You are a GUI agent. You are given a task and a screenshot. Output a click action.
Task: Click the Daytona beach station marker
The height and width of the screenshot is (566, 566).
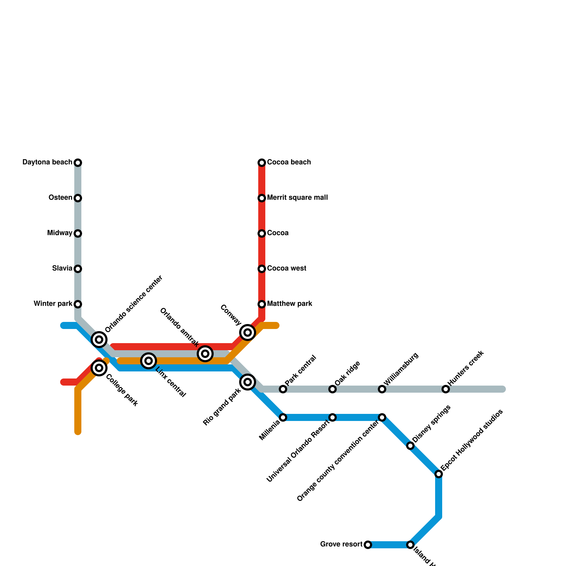point(78,163)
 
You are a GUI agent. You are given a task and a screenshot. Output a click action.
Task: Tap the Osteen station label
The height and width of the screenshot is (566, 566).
point(60,198)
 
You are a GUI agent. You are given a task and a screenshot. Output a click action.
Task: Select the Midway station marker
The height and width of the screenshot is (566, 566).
point(78,233)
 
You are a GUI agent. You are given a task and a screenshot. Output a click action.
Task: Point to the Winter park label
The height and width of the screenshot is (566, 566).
point(53,304)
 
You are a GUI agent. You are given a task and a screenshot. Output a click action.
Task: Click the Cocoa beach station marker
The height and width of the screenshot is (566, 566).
point(262,163)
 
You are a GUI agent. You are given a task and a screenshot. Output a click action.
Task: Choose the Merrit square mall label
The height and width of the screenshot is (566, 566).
point(297,198)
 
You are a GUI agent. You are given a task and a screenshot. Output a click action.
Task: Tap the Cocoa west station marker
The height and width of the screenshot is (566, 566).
point(262,269)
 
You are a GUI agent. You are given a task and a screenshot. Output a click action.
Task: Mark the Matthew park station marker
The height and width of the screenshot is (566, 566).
point(262,304)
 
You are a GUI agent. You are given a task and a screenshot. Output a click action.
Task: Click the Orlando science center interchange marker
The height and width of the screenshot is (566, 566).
point(99,340)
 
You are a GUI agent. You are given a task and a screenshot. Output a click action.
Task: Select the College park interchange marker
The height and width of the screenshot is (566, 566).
point(99,368)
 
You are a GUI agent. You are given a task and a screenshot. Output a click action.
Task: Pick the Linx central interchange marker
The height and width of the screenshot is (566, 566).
point(149,361)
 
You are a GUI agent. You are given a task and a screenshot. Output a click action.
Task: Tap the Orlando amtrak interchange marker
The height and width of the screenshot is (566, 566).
point(205,354)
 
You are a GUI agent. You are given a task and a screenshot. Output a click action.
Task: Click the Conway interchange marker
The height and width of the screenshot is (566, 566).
point(248,333)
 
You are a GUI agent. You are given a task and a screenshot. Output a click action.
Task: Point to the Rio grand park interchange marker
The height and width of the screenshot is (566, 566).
point(248,382)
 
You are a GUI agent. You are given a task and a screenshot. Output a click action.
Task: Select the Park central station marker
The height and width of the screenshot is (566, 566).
point(283,389)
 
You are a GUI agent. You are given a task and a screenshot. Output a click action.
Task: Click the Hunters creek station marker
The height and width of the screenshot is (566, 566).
point(446,389)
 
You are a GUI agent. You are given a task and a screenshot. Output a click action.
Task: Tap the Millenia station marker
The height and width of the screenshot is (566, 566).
point(283,417)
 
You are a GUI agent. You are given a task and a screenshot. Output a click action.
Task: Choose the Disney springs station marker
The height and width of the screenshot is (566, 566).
point(410,446)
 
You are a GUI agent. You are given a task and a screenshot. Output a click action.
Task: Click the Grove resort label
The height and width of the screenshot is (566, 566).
point(341,544)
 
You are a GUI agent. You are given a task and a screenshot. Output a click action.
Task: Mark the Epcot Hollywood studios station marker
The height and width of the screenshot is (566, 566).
point(439,474)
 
